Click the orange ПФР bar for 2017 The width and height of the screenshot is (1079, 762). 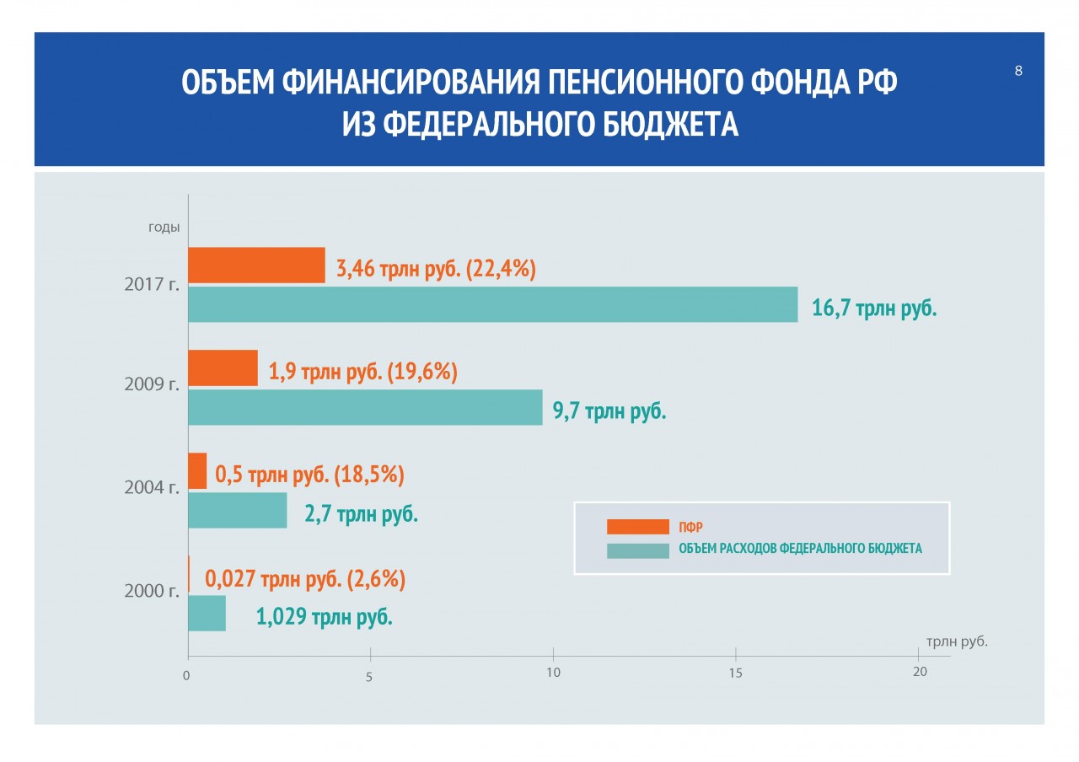256,266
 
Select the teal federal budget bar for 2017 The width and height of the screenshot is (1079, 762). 492,304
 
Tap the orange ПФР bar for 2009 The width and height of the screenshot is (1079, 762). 223,368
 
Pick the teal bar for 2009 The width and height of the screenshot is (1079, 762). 365,407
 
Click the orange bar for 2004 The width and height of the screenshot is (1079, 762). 197,470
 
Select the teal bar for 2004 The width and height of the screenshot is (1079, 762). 237,510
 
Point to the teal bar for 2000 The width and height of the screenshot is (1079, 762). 207,613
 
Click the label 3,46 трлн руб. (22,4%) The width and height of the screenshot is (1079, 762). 436,270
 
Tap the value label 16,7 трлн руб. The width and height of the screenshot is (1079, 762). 874,309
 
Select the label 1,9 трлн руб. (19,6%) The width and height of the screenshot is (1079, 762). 363,373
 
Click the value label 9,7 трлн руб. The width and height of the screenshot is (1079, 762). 609,412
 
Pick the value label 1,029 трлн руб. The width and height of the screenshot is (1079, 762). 325,617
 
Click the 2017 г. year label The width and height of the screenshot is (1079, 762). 152,284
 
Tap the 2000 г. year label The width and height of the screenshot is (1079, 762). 152,592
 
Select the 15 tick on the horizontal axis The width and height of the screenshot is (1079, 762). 735,673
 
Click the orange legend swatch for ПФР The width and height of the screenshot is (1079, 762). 637,527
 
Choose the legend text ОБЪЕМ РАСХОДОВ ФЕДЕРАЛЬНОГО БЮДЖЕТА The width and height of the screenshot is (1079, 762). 800,549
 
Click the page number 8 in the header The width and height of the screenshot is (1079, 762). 1018,71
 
